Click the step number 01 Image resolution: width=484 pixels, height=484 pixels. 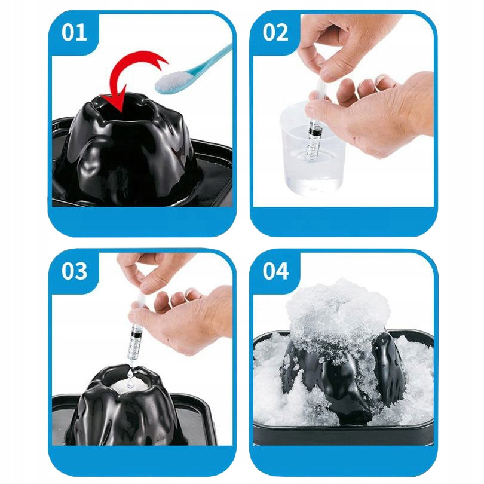pos(74,32)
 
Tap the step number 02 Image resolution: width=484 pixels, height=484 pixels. pos(275,32)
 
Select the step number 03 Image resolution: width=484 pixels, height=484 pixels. pos(74,271)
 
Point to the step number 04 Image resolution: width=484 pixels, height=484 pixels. pos(275,271)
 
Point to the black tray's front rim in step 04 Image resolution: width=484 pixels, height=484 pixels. pos(343,435)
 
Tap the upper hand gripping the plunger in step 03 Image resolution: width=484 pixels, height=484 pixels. pos(151,272)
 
